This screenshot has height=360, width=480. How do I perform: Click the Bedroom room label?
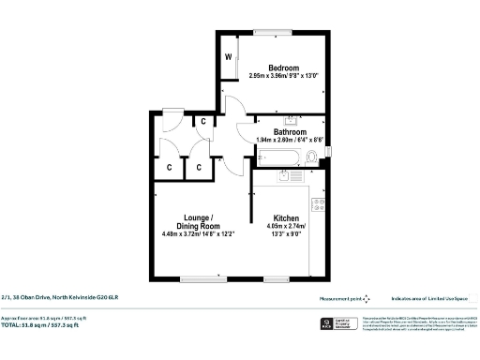283,67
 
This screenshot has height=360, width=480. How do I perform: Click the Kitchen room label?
286,216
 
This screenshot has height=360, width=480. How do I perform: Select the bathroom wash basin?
291,120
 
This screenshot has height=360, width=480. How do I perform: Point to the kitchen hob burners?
319,203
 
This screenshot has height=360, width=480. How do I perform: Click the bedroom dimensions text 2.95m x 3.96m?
283,76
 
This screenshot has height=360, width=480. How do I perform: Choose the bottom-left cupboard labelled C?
169,167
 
